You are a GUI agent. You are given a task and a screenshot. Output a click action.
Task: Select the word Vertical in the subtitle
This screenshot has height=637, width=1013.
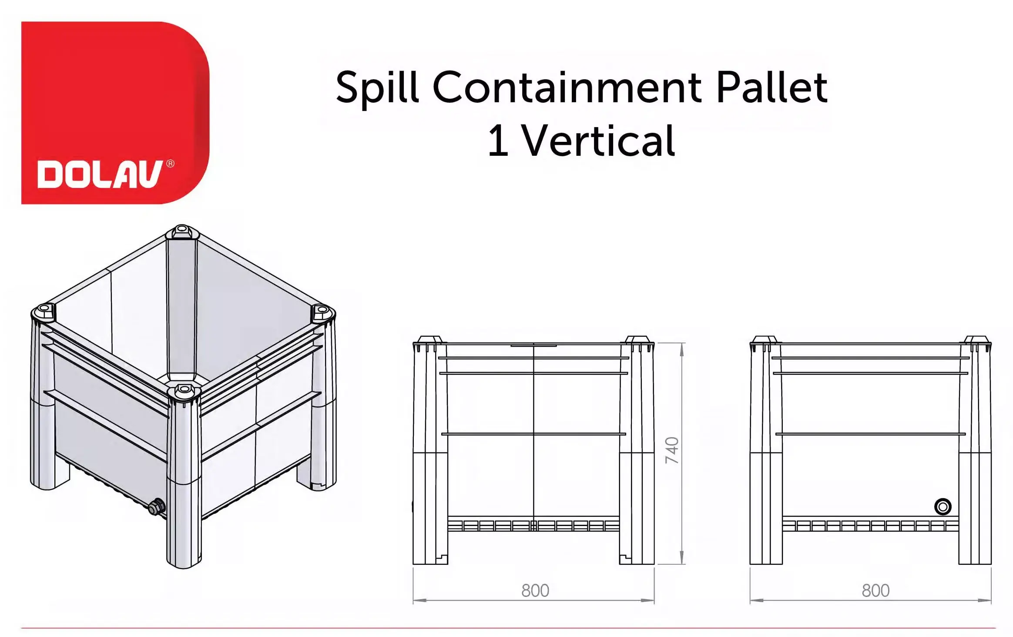[x=599, y=140]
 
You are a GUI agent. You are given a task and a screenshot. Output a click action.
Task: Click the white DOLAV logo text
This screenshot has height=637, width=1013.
[x=100, y=174]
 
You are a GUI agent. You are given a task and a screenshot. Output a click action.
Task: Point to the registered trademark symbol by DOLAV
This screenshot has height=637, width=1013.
[x=170, y=164]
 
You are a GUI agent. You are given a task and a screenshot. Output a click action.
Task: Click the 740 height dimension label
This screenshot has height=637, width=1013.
[x=672, y=450]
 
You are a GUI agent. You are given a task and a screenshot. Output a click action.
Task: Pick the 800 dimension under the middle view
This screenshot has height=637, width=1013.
[x=535, y=590]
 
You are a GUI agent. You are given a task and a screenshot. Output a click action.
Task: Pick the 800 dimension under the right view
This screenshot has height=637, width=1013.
[x=875, y=590]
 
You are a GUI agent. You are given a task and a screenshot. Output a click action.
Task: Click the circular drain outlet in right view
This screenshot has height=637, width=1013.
[x=943, y=506]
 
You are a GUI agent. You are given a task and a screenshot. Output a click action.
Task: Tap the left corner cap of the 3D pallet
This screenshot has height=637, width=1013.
[x=44, y=312]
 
